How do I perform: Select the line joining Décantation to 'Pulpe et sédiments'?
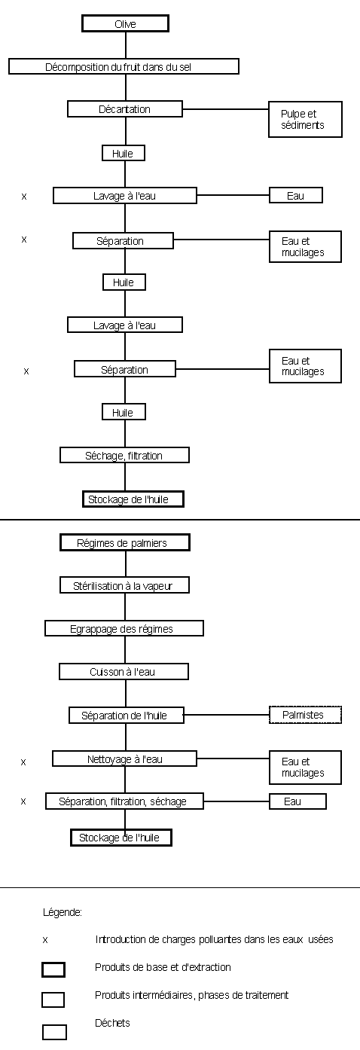click(225, 109)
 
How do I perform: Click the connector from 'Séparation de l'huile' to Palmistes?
click(227, 716)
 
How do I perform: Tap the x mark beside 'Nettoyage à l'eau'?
click(23, 762)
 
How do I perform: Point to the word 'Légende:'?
click(63, 912)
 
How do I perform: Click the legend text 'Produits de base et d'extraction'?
click(163, 967)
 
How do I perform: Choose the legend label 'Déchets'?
click(112, 1023)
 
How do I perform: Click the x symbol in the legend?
click(45, 940)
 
